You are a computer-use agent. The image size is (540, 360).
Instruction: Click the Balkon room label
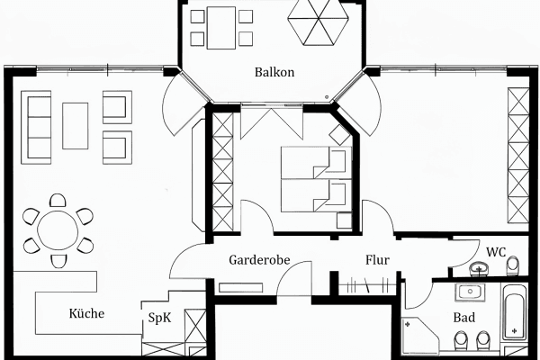pyautogui.click(x=274, y=72)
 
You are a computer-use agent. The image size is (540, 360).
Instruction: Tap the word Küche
pyautogui.click(x=86, y=314)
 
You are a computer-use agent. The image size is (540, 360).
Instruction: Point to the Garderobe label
pyautogui.click(x=258, y=260)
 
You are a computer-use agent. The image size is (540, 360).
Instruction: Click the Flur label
pyautogui.click(x=377, y=260)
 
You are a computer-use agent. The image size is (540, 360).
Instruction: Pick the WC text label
pyautogui.click(x=496, y=251)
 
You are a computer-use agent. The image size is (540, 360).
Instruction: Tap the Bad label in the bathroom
pyautogui.click(x=464, y=318)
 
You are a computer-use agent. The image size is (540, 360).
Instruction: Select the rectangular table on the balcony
pyautogui.click(x=220, y=28)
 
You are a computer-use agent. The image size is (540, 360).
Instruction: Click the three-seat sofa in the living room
pyautogui.click(x=37, y=126)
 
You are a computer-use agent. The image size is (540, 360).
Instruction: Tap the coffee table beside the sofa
pyautogui.click(x=75, y=126)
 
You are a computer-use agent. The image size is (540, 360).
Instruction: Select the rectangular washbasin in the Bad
pyautogui.click(x=469, y=292)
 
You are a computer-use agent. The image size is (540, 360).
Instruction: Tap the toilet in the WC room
pyautogui.click(x=513, y=266)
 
